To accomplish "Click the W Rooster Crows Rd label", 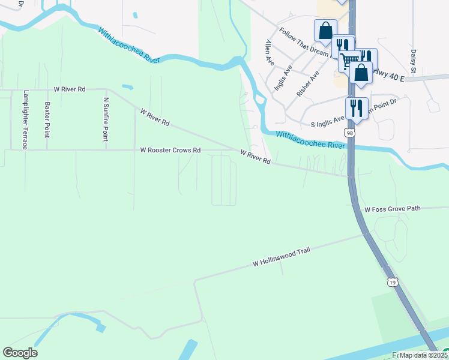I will coord(170,150).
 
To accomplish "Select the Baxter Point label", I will coord(47,119).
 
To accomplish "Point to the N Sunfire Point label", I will coord(106,119).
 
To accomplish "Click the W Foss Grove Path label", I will coord(393,209).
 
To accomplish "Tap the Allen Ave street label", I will coord(270,49).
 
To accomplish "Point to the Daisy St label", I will coord(414,59).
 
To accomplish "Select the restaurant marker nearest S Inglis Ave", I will coord(357,108).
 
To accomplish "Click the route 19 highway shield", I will coord(392,282).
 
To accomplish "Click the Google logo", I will coord(20,353).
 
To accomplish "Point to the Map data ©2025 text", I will coord(423,355).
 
